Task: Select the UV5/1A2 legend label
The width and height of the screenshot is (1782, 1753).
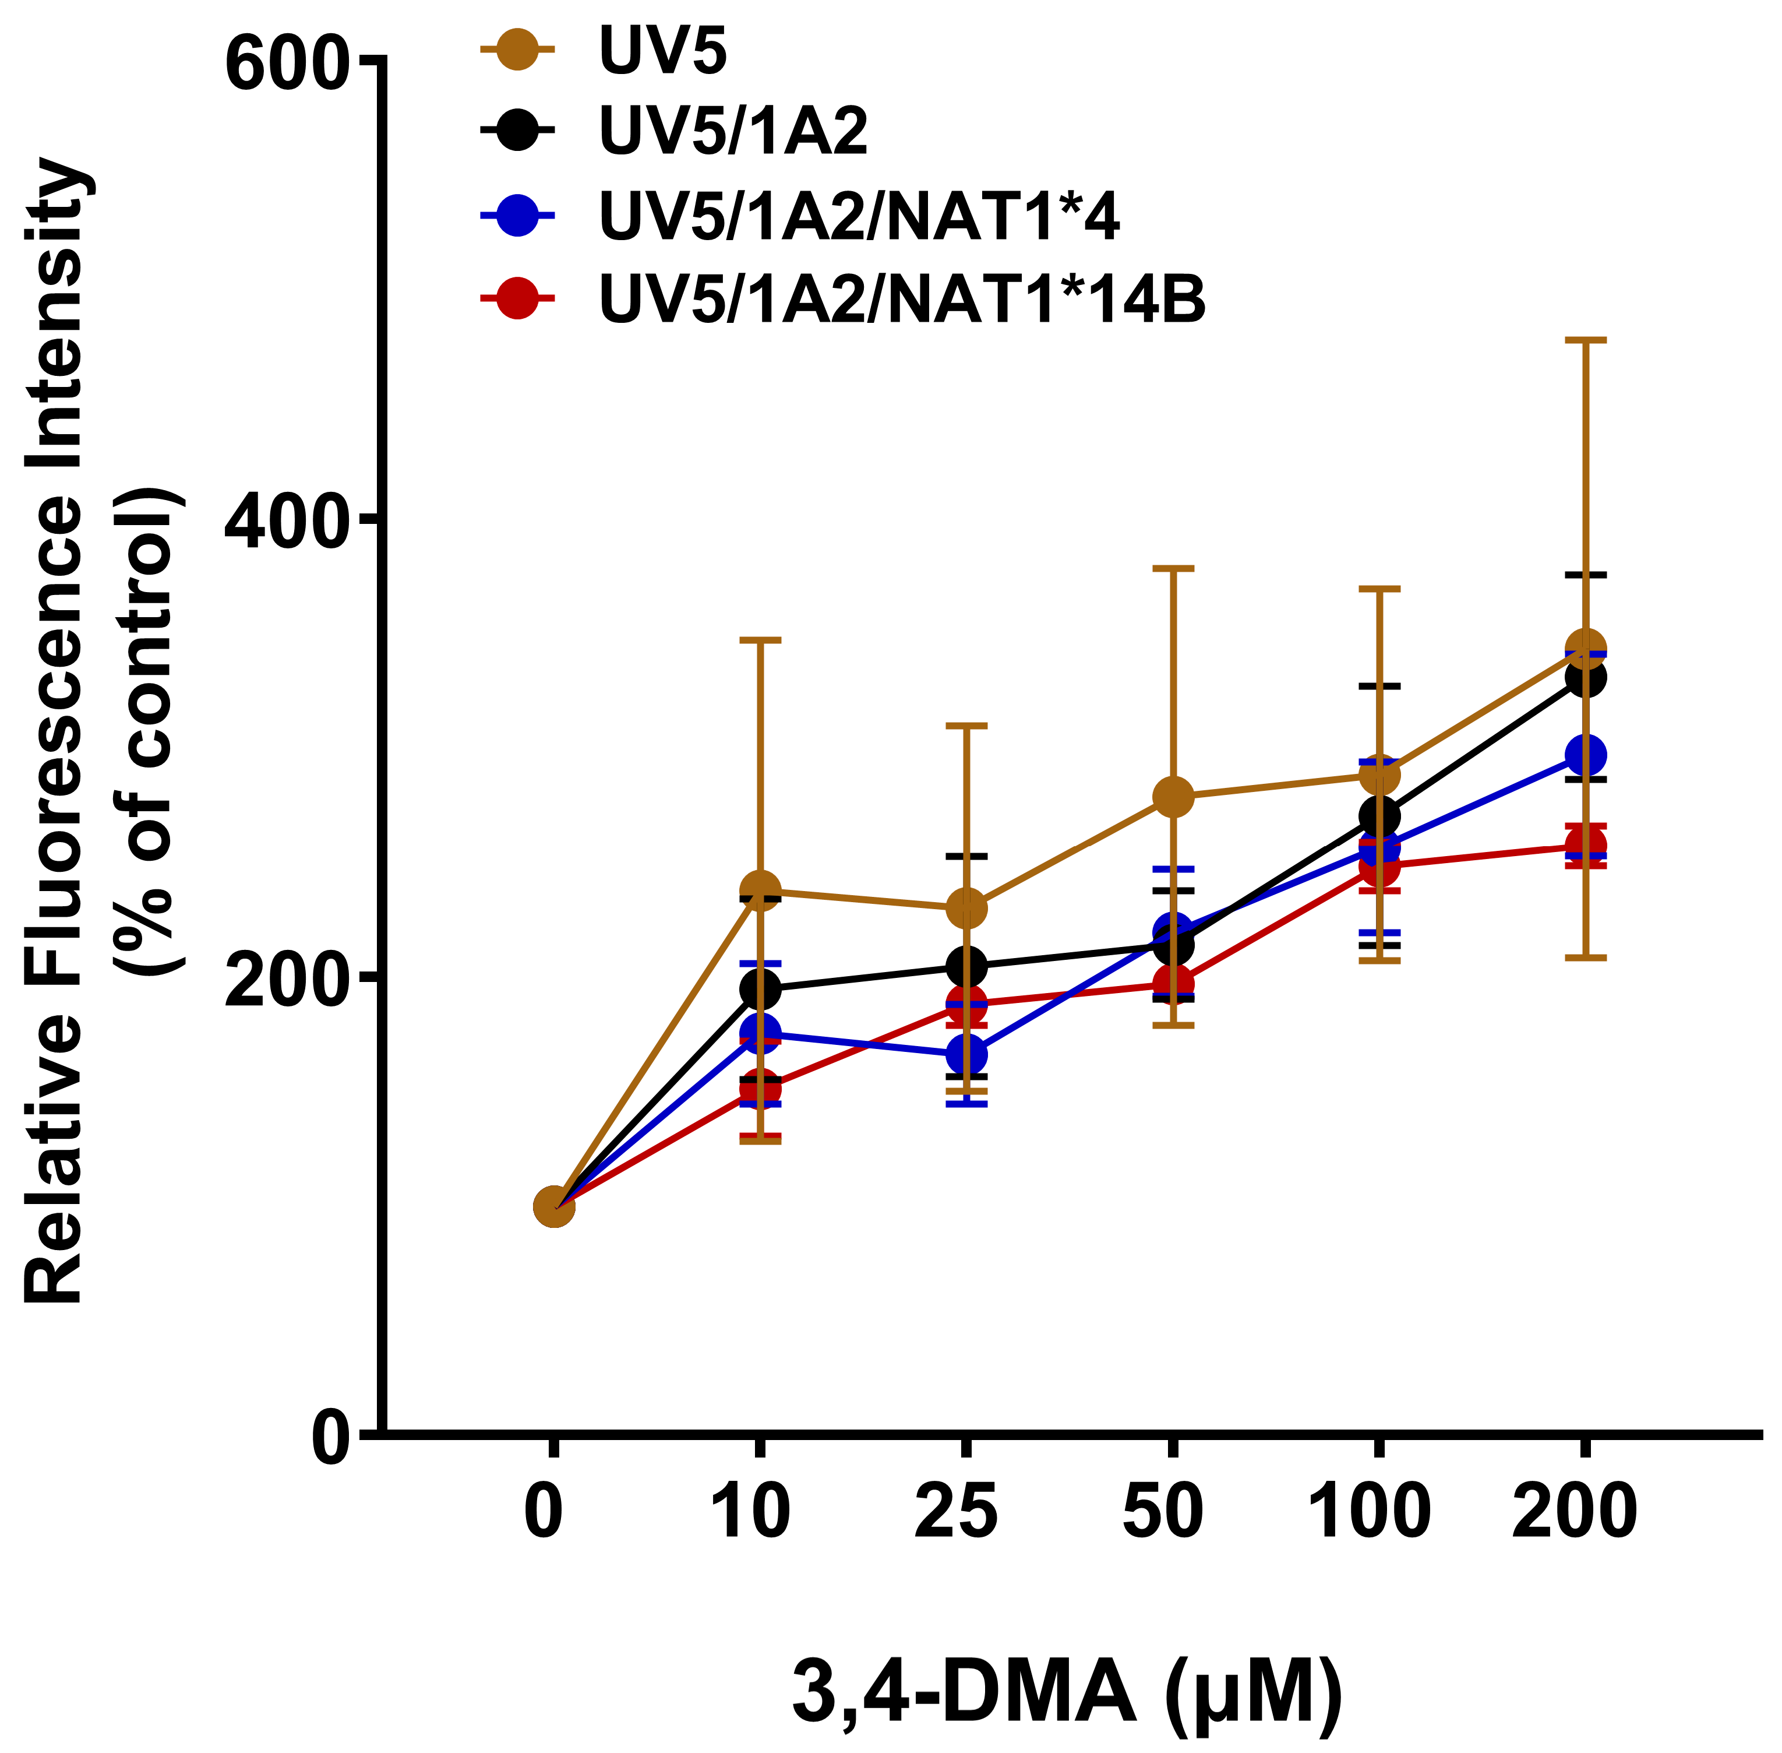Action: pyautogui.click(x=733, y=131)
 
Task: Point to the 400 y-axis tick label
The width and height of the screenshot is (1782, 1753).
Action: pyautogui.click(x=285, y=521)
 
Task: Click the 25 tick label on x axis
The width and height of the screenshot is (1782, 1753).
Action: pyautogui.click(x=957, y=1513)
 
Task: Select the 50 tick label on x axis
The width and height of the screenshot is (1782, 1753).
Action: pyautogui.click(x=1163, y=1513)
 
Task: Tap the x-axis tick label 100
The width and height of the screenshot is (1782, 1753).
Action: pyautogui.click(x=1369, y=1513)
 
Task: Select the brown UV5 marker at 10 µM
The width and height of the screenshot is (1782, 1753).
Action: pyautogui.click(x=760, y=890)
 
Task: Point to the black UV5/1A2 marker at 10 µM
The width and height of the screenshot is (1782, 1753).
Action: pyautogui.click(x=760, y=989)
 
